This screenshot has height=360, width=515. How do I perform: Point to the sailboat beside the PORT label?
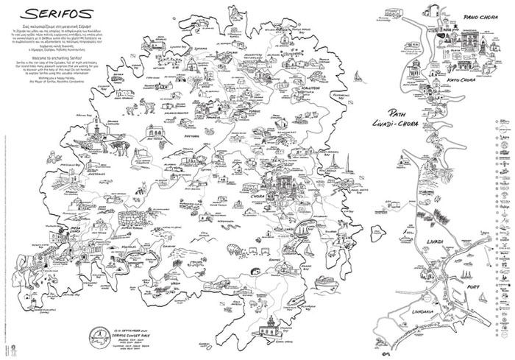(x=461, y=289)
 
